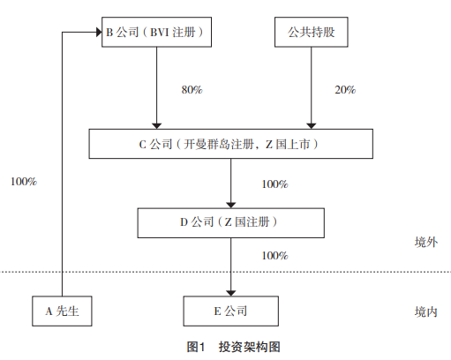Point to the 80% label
pyautogui.click(x=192, y=90)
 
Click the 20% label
pyautogui.click(x=345, y=90)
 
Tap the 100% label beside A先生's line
pyautogui.click(x=24, y=182)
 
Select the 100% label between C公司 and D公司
pyautogui.click(x=274, y=184)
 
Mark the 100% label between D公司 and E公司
pyautogui.click(x=274, y=256)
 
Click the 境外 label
pyautogui.click(x=426, y=243)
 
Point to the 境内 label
pyautogui.click(x=426, y=311)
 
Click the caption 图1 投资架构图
pyautogui.click(x=234, y=347)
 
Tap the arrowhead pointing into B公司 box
pyautogui.click(x=99, y=32)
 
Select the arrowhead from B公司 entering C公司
pyautogui.click(x=156, y=126)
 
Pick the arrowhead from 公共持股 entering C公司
pyautogui.click(x=312, y=126)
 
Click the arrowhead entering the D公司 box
pyautogui.click(x=231, y=206)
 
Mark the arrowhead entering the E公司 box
pyautogui.click(x=231, y=293)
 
